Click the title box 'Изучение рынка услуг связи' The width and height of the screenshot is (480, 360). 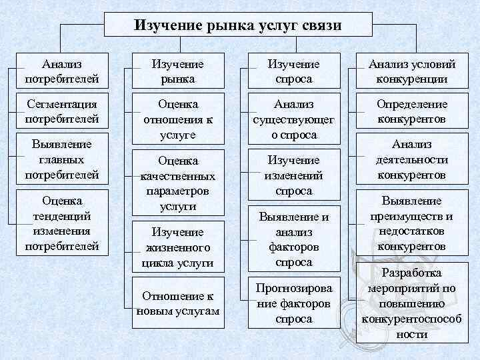[x=238, y=25]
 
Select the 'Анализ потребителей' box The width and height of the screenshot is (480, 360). [x=62, y=72]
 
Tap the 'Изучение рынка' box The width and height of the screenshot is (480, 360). [x=178, y=72]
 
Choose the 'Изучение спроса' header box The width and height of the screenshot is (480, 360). [x=293, y=72]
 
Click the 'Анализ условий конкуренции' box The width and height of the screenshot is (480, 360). [x=411, y=72]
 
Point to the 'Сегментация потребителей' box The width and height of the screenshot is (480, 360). [x=62, y=112]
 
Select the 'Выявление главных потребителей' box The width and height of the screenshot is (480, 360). [x=62, y=159]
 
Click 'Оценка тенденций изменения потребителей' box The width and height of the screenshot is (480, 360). [x=62, y=223]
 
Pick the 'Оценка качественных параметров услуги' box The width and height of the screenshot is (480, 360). [x=178, y=183]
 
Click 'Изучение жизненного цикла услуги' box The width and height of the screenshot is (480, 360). [x=178, y=247]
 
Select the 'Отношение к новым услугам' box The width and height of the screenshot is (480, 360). [x=178, y=304]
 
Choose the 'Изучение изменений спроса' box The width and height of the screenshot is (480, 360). [x=293, y=175]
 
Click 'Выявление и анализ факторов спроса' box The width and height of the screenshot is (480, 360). [x=293, y=239]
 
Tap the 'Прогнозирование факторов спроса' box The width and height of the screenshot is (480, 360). [x=293, y=303]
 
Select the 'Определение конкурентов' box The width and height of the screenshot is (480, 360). [x=411, y=112]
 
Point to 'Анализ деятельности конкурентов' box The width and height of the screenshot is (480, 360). [x=411, y=160]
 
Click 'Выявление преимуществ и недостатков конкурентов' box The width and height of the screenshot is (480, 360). [x=411, y=223]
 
